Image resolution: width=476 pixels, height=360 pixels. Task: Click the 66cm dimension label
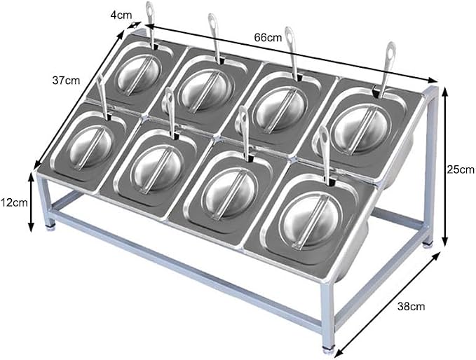[x=268, y=38]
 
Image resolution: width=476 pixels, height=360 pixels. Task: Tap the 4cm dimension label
[x=121, y=15]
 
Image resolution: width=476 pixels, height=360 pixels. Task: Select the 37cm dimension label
[x=66, y=81]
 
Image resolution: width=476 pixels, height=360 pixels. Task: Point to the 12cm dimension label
[x=13, y=202]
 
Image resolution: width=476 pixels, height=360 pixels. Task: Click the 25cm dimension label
[x=461, y=169]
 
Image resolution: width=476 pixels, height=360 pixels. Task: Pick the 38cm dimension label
[x=411, y=307]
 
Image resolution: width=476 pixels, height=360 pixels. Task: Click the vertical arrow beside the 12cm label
[x=31, y=202]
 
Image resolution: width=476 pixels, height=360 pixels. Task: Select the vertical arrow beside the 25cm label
[x=444, y=166]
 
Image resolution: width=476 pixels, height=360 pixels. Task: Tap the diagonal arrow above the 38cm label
[x=387, y=303]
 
